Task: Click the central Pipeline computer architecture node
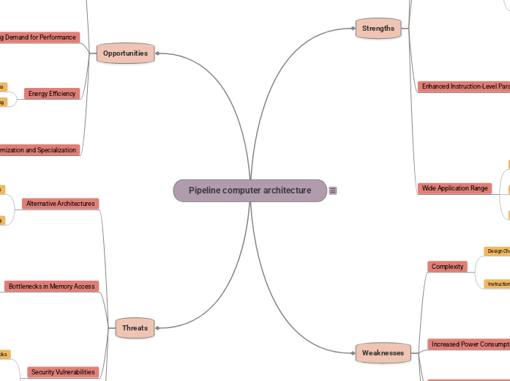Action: (x=250, y=190)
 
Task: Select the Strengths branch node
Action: (x=378, y=29)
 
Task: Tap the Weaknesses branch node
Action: (x=383, y=353)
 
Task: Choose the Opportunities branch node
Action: (x=125, y=53)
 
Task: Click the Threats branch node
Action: (x=135, y=328)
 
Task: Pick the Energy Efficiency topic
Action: (x=52, y=94)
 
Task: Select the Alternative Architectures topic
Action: (x=61, y=204)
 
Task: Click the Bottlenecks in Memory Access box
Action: (x=51, y=286)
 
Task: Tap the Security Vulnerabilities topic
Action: (x=63, y=372)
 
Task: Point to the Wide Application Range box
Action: (x=454, y=188)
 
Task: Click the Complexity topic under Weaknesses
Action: (x=448, y=267)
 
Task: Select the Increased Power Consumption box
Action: (x=468, y=344)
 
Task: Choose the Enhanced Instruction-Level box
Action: (x=464, y=86)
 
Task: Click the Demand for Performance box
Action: (x=39, y=37)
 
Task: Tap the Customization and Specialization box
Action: (x=39, y=150)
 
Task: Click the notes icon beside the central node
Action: (x=333, y=190)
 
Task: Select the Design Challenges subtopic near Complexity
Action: (x=498, y=251)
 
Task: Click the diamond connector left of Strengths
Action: (x=353, y=29)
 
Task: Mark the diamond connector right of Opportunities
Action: (x=157, y=53)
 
